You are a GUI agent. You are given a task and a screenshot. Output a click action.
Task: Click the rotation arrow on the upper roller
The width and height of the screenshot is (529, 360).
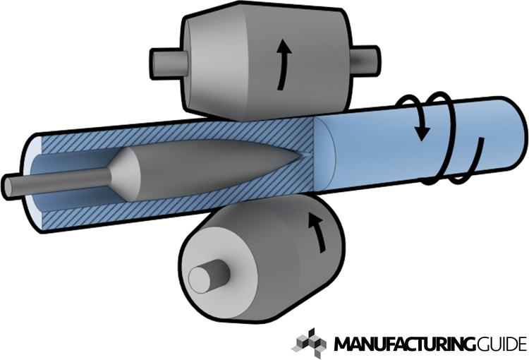pos(283,65)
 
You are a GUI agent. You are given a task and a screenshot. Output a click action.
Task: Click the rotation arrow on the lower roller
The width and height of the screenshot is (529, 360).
pos(319,232)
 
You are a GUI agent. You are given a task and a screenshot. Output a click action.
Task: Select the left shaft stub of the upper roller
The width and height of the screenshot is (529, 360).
pos(168,64)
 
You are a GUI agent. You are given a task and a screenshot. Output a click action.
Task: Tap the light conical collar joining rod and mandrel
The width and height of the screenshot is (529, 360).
pos(124,173)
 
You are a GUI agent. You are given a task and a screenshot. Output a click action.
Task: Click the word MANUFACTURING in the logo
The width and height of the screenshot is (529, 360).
pos(406,344)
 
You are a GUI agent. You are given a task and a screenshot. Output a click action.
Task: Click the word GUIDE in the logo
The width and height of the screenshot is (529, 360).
pos(501,344)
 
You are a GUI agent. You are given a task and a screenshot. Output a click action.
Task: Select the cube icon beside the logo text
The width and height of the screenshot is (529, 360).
pos(309,343)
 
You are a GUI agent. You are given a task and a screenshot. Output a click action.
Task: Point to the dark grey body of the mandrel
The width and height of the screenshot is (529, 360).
pos(216,169)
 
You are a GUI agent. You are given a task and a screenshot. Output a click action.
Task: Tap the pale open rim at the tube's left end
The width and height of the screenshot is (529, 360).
pos(32,182)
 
